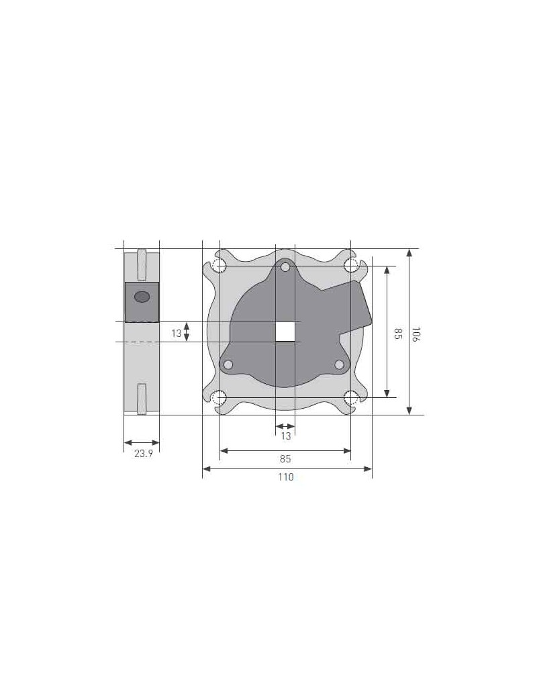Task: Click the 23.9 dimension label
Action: tap(143, 454)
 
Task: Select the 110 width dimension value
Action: tap(286, 477)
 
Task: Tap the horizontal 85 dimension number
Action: tap(286, 459)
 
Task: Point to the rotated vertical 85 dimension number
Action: tap(397, 333)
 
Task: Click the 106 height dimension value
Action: tap(416, 334)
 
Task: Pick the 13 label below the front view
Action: tap(286, 436)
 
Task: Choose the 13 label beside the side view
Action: tap(176, 333)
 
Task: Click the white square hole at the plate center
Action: tap(286, 332)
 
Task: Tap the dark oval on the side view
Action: tap(142, 297)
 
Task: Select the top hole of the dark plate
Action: tap(286, 268)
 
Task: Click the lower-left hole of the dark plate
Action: tap(228, 364)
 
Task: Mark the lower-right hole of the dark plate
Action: tap(340, 364)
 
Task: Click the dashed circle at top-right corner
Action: tap(351, 266)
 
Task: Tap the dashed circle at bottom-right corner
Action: tap(351, 398)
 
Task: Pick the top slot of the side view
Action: tap(141, 264)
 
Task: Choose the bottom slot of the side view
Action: tap(141, 399)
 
